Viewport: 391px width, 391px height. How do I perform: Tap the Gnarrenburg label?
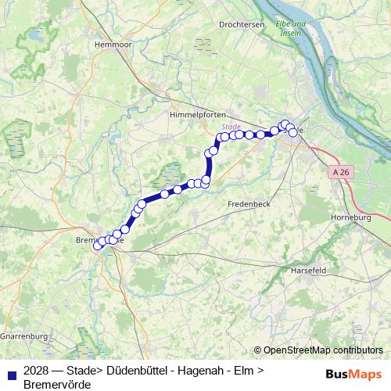coord(24,336)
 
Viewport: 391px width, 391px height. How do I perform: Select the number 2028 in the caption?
coord(38,371)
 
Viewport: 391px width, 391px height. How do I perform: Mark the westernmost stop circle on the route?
coord(98,246)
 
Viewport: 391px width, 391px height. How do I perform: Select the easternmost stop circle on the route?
coord(293,133)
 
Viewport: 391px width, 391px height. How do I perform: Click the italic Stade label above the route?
coord(231,126)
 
